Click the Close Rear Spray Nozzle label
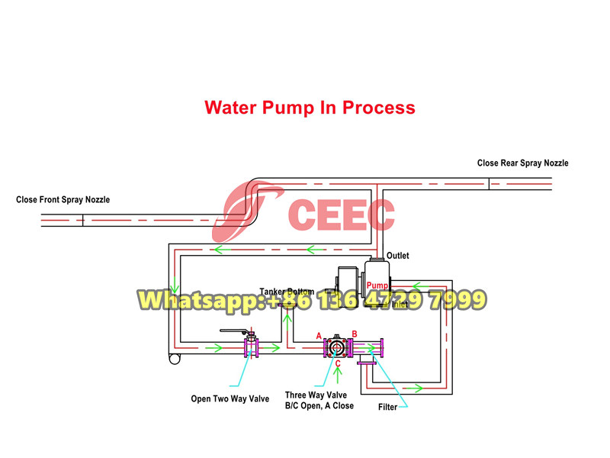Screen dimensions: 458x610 click(522, 163)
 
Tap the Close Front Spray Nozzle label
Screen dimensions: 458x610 click(63, 200)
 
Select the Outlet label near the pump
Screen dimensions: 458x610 click(399, 256)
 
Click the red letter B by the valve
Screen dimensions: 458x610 click(354, 334)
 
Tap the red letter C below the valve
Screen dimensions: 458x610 click(337, 363)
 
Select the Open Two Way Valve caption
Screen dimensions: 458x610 click(230, 398)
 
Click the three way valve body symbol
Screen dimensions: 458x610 click(335, 348)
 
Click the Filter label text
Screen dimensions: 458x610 click(388, 407)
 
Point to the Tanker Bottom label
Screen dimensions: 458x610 click(286, 292)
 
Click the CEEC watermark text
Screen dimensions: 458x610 click(342, 214)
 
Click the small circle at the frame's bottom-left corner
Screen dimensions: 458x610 click(175, 360)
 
